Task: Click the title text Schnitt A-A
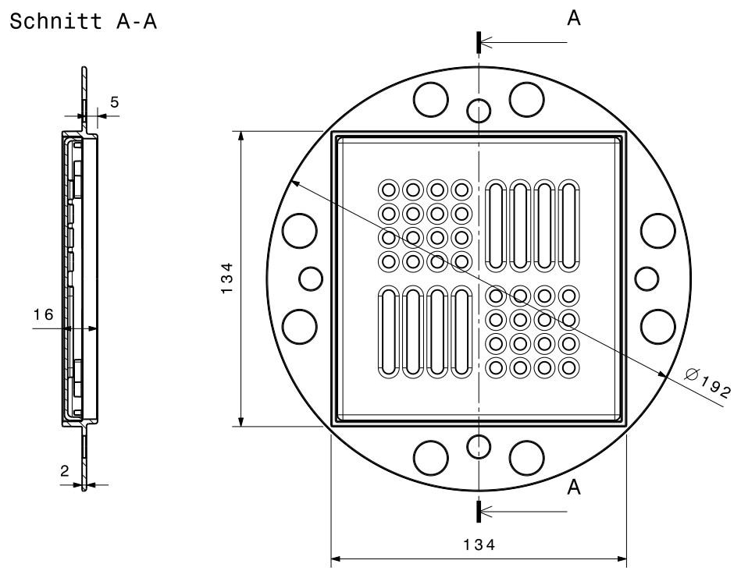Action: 82,22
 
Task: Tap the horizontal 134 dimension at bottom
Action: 479,545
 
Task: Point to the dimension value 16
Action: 44,314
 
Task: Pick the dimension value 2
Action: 65,471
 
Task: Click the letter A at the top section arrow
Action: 574,20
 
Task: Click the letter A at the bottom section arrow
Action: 574,488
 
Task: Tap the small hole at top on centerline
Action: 478,110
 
